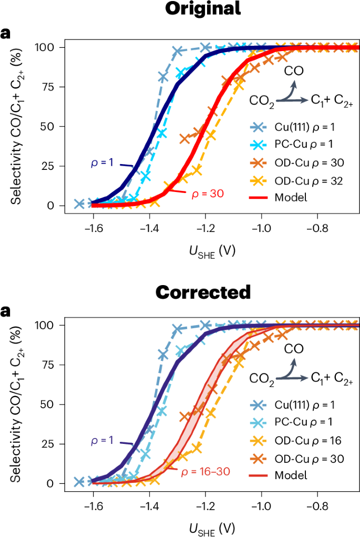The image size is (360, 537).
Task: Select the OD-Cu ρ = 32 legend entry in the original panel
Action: point(302,181)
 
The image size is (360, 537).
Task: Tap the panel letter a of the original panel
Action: point(6,34)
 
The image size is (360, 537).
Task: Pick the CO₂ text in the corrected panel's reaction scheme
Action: point(261,377)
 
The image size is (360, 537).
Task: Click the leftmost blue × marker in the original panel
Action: point(79,204)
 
